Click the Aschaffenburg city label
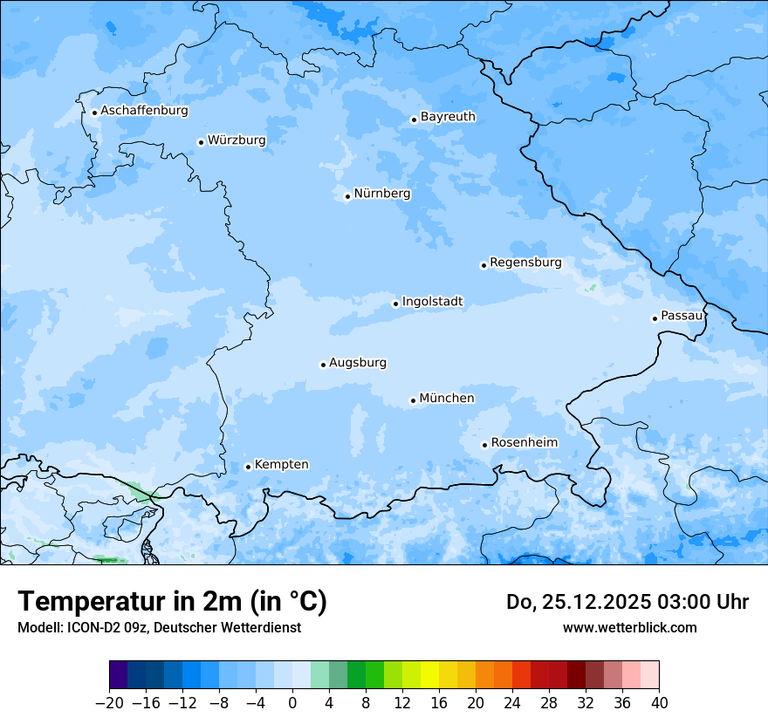pyautogui.click(x=144, y=111)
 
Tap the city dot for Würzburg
pyautogui.click(x=201, y=142)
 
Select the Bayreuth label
pyautogui.click(x=448, y=117)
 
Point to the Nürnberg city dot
pyautogui.click(x=347, y=196)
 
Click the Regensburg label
pyautogui.click(x=525, y=263)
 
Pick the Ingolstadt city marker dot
pyautogui.click(x=395, y=304)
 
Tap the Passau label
pyautogui.click(x=682, y=316)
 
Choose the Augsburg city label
pyautogui.click(x=358, y=363)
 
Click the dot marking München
pyautogui.click(x=413, y=400)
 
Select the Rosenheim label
pyautogui.click(x=524, y=443)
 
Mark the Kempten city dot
pyautogui.click(x=248, y=467)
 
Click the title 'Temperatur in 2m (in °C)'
pyautogui.click(x=172, y=602)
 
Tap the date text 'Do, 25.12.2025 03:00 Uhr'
pyautogui.click(x=627, y=602)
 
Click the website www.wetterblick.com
pyautogui.click(x=629, y=627)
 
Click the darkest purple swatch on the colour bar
pyautogui.click(x=119, y=675)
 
